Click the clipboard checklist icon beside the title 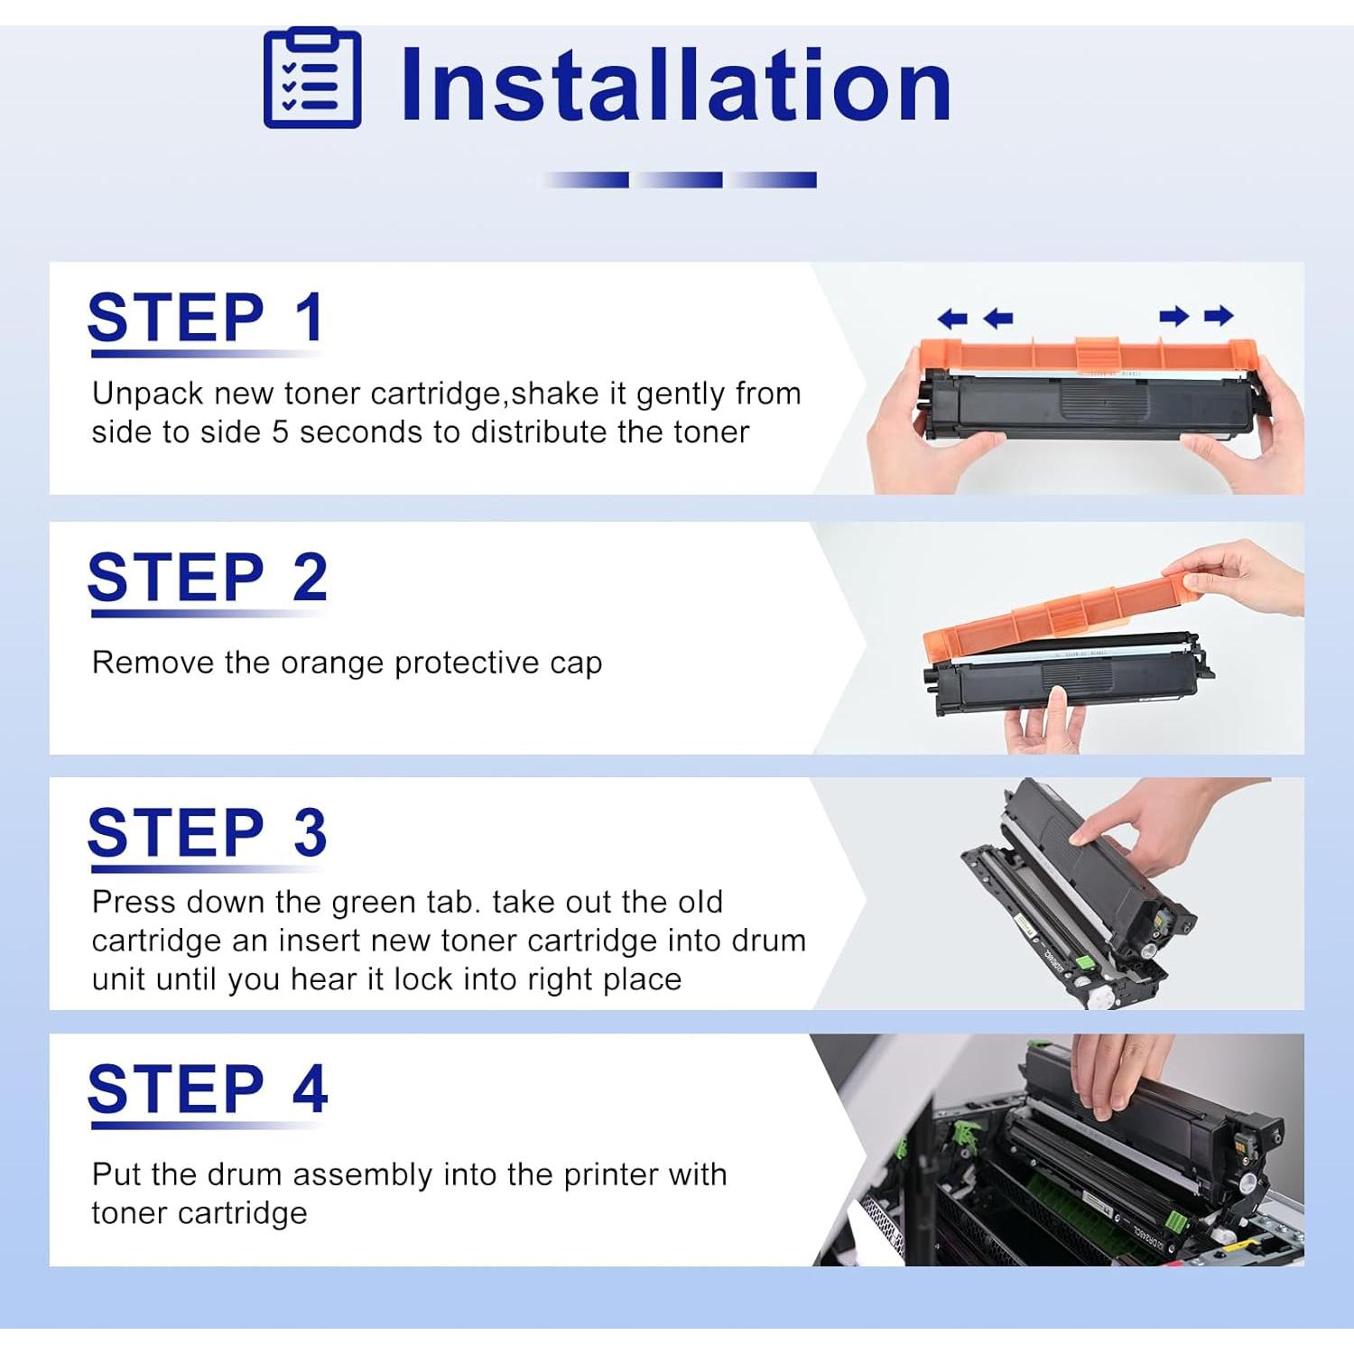pyautogui.click(x=312, y=79)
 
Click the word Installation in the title pyautogui.click(x=675, y=84)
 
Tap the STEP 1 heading pyautogui.click(x=205, y=318)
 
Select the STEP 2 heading pyautogui.click(x=207, y=577)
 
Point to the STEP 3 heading pyautogui.click(x=207, y=831)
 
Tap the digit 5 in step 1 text pyautogui.click(x=281, y=432)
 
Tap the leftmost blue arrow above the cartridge pyautogui.click(x=952, y=318)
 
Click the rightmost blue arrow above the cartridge pyautogui.click(x=1219, y=315)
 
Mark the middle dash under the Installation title pyautogui.click(x=677, y=180)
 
